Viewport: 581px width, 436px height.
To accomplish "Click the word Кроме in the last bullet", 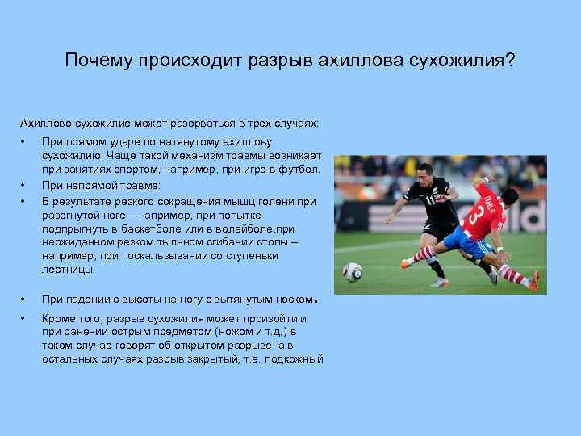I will (58, 319).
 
